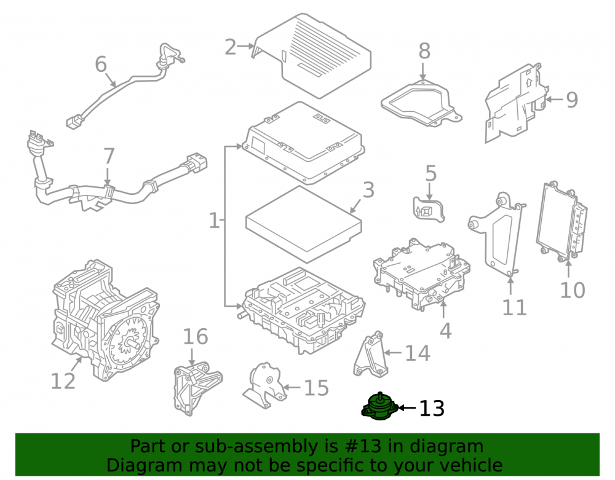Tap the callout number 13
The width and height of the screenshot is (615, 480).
pos(432,408)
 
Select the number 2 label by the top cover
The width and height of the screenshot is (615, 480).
pos(231,47)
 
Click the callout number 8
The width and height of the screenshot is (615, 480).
pos(424,52)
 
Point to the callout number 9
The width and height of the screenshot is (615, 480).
pos(572,100)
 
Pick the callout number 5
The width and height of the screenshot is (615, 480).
pos(430,173)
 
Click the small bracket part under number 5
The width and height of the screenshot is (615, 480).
pos(429,210)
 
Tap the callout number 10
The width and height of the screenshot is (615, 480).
pos(572,290)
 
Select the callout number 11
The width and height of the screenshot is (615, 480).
pos(515,307)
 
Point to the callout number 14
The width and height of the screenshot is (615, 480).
pos(418,353)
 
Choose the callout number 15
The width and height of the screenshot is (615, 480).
pos(317,388)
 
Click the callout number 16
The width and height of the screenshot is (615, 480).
pos(196,337)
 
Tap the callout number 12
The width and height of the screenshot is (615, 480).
pos(63,380)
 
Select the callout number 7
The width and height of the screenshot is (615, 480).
pos(109,156)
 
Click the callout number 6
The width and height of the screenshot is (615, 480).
pos(101,64)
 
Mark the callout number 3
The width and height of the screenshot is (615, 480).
pos(368,190)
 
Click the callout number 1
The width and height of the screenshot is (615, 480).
pos(214,221)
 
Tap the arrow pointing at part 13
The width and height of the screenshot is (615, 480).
pos(407,408)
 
